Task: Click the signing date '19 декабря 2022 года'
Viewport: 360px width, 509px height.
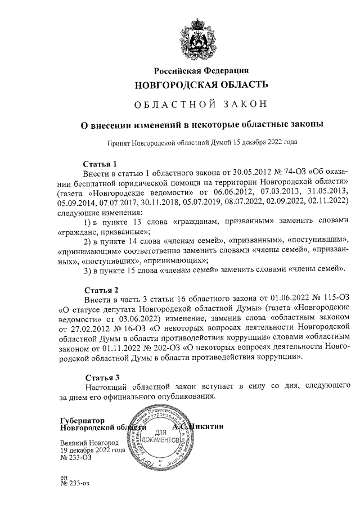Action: pos(93,450)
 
